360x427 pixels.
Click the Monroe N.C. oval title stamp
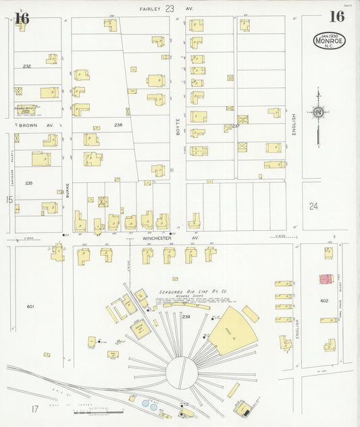(329, 41)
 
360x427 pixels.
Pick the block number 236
(118, 125)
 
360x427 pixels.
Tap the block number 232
(27, 66)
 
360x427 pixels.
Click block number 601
(30, 307)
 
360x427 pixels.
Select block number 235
(28, 183)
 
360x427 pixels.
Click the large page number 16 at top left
(22, 18)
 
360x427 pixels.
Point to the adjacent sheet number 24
(313, 206)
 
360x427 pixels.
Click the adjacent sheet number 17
(34, 408)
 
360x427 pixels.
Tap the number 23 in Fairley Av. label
(170, 9)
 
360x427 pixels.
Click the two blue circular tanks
(149, 403)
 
